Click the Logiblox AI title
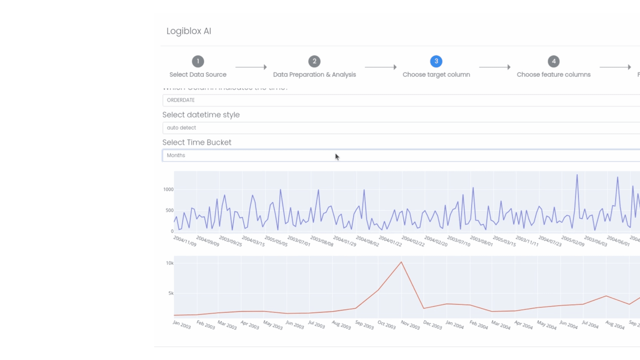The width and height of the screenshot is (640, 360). click(189, 31)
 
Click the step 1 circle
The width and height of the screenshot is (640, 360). click(198, 61)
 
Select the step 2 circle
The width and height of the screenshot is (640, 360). click(314, 61)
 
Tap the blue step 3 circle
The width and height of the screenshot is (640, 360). click(436, 61)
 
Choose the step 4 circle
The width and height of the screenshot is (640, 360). click(554, 61)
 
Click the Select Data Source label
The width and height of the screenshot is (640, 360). click(198, 75)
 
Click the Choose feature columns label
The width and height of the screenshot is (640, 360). click(553, 75)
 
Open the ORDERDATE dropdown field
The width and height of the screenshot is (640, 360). click(400, 100)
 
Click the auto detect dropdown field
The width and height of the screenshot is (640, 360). click(400, 128)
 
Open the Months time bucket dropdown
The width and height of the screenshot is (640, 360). click(400, 155)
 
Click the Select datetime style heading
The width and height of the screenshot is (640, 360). click(201, 115)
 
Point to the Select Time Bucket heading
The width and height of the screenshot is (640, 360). click(197, 142)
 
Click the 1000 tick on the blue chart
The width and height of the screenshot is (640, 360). click(168, 189)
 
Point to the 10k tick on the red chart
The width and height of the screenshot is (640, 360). click(170, 263)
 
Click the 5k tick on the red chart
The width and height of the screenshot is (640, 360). click(171, 293)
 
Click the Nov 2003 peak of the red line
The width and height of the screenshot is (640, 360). click(401, 262)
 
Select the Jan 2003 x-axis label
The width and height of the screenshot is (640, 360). click(182, 324)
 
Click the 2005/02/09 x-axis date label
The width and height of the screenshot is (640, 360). click(573, 241)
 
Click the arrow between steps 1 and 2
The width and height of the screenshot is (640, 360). click(251, 67)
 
